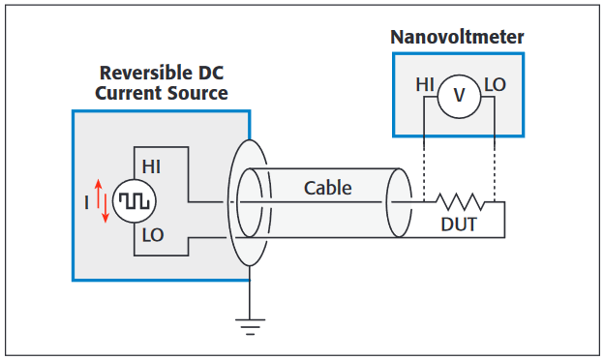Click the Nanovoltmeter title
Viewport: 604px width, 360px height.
click(457, 38)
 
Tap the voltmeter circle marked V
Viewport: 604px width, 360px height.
click(459, 96)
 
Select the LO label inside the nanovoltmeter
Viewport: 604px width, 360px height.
click(495, 85)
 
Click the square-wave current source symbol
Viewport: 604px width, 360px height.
click(129, 201)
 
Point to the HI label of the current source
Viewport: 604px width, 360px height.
click(152, 166)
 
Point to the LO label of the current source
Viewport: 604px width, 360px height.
click(153, 235)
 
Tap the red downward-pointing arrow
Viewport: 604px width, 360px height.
click(106, 211)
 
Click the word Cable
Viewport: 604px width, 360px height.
click(327, 188)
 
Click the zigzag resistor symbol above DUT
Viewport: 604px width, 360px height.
click(460, 202)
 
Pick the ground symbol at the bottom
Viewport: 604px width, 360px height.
click(250, 325)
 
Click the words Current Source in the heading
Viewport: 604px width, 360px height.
click(162, 94)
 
